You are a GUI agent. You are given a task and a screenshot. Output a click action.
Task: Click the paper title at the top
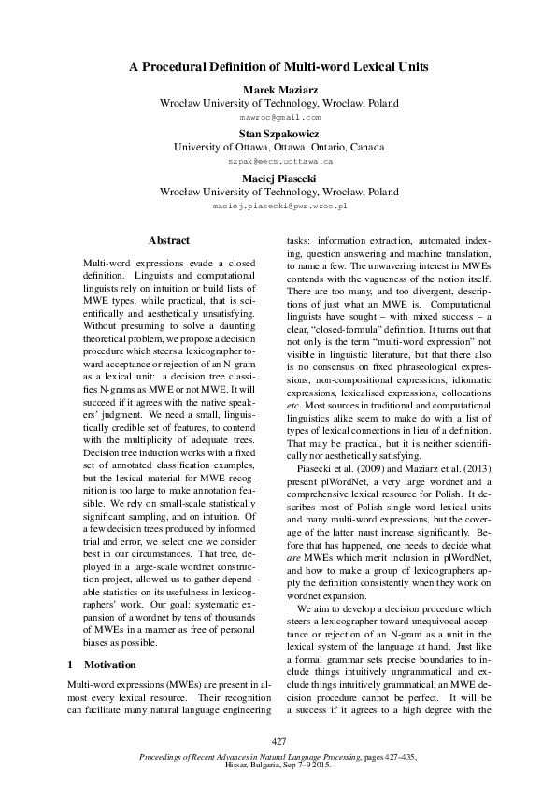[278, 67]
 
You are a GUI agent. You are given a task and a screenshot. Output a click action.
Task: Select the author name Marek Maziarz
[278, 89]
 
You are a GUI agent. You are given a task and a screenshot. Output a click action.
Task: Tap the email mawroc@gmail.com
[278, 119]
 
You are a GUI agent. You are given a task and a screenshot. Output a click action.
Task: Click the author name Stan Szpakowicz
[278, 134]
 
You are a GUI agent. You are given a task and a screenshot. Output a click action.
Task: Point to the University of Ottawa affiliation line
[278, 148]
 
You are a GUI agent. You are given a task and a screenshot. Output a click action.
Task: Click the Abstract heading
[169, 241]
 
